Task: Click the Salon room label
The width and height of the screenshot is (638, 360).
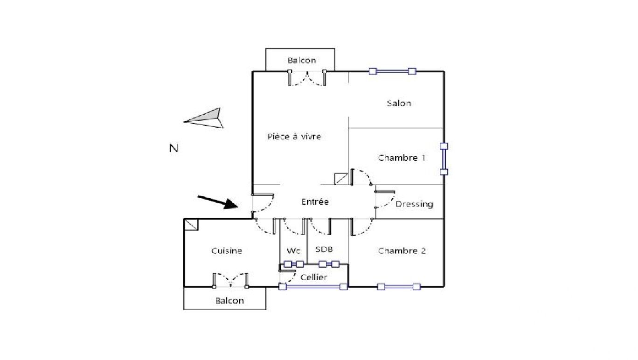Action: pos(399,104)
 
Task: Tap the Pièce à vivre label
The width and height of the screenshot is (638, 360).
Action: pos(294,137)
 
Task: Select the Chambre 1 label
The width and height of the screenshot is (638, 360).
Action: pos(402,158)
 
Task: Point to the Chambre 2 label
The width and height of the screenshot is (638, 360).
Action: pos(402,251)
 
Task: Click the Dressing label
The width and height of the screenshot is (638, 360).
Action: pos(414,204)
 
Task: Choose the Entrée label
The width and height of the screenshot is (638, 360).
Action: pos(315,201)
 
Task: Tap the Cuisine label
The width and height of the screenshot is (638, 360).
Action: pos(227,251)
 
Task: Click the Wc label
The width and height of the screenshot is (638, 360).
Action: pos(293,251)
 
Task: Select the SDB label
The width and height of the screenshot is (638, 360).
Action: pos(324,249)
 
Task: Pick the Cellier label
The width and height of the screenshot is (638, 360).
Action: pos(313,277)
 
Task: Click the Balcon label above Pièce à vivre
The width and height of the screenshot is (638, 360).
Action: pos(302,60)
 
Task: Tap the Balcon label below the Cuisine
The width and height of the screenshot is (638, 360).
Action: pos(229,301)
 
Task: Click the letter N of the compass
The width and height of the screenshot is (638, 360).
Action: pos(173,149)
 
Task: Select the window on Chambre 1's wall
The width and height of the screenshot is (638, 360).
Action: pos(444,159)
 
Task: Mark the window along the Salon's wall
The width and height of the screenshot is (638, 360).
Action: pos(392,71)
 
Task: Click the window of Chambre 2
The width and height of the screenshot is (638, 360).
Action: pos(399,287)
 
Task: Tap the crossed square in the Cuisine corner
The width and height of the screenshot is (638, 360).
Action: pos(191,225)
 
